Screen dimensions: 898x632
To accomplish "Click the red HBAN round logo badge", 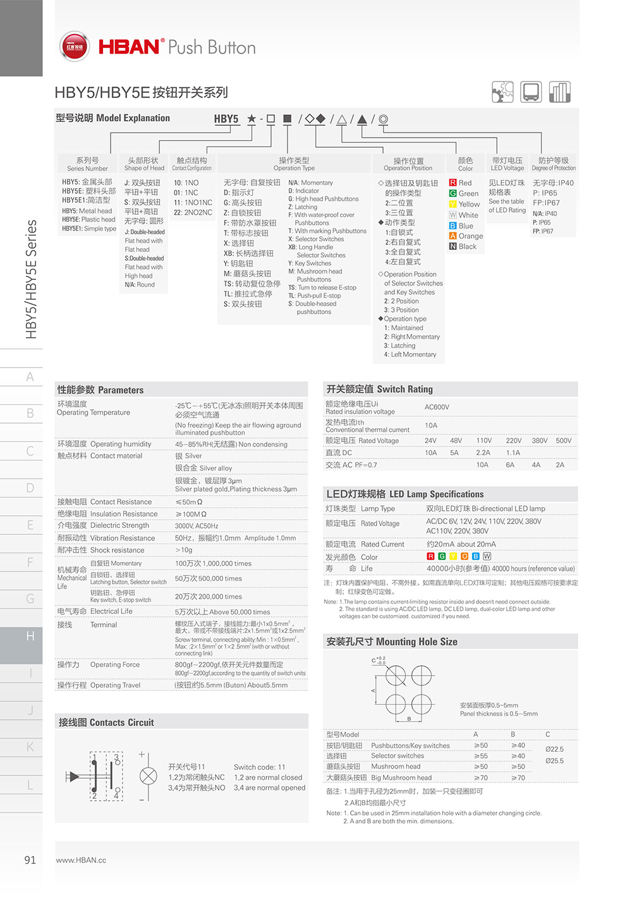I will (74, 47).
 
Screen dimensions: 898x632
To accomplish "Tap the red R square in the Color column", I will (453, 183).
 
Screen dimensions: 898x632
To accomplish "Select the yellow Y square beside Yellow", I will (453, 204).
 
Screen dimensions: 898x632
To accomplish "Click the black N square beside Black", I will (453, 246).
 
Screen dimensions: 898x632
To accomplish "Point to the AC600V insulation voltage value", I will (437, 407).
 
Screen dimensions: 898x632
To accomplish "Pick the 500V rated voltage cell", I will (563, 441).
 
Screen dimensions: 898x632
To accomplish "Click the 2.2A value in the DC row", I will (483, 453).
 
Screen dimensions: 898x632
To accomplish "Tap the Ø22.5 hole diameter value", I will (554, 750).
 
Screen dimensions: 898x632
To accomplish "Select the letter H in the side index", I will (30, 636).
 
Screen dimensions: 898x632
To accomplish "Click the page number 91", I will (30, 860).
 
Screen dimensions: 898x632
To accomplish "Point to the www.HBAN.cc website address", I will (81, 860).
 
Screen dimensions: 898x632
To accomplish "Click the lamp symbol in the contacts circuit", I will (148, 776).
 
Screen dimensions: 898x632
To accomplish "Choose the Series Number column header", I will (87, 164).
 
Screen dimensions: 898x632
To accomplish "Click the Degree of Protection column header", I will (554, 164).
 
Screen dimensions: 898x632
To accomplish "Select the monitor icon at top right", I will (531, 92).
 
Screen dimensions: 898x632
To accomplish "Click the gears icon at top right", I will (502, 92).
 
